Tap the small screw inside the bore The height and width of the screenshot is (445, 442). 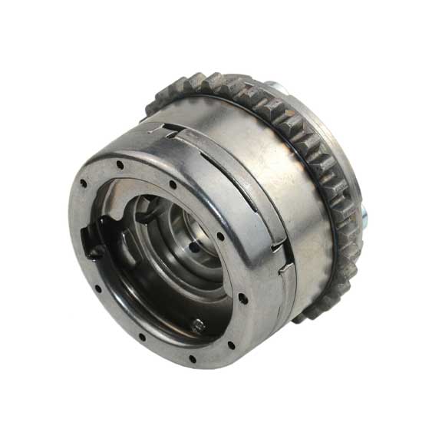pyautogui.click(x=197, y=324)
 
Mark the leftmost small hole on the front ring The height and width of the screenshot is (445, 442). pyautogui.click(x=81, y=183)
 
